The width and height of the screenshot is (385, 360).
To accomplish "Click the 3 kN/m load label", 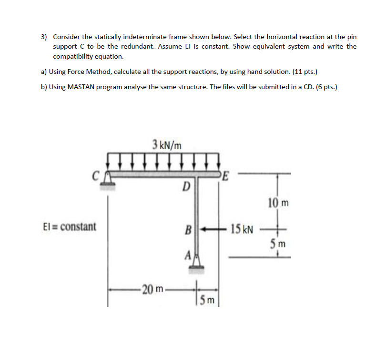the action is coord(166,144).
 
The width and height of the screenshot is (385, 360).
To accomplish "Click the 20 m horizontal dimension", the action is coord(153,288).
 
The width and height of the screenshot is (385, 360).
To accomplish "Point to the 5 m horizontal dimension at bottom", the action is coord(208,299).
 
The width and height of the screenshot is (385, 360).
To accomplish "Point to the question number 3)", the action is coord(44,37).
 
